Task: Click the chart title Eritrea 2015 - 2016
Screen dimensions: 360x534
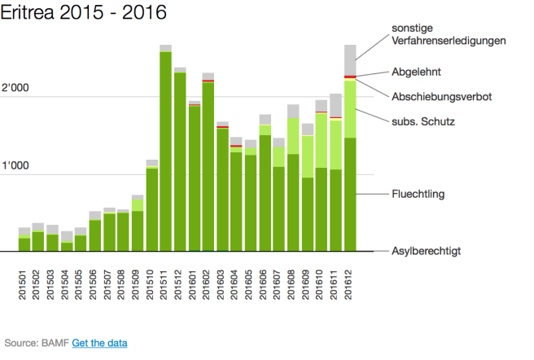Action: [x=84, y=13]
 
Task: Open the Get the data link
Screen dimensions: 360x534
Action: [x=99, y=343]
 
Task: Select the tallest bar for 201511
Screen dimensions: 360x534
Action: [x=165, y=151]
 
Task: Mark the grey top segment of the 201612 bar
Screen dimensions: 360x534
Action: [x=350, y=59]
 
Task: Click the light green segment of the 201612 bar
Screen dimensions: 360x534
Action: [x=350, y=108]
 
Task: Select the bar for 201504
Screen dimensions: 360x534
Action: [x=67, y=246]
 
